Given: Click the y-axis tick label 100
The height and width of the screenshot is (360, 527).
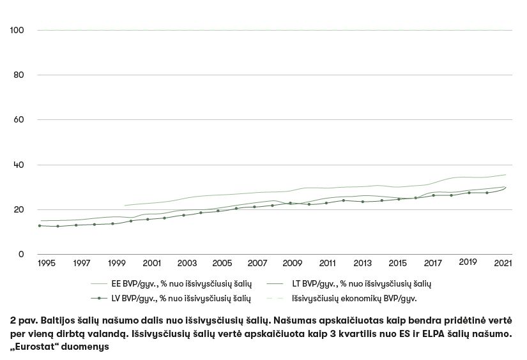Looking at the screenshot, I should point(17,30).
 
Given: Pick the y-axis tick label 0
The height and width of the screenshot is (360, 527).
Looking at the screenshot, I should point(21,255).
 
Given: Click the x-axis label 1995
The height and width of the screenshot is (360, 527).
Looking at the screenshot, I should point(46,263).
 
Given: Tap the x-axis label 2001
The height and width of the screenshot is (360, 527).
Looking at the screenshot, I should point(151,263).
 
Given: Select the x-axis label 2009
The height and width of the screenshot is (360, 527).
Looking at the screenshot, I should point(293,263).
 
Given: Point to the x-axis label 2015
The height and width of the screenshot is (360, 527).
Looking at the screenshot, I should point(398,263).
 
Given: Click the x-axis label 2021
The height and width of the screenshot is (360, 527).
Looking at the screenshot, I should point(504,263).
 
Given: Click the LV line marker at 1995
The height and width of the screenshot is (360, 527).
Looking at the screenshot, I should point(40,225).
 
